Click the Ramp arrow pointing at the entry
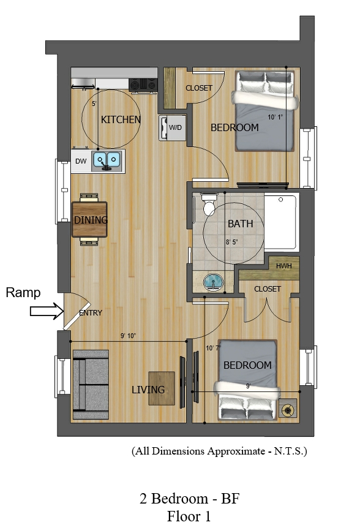coord(47,311)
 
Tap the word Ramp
coord(23,293)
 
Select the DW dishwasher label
coord(81,161)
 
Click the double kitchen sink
coord(107,161)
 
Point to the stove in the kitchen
coord(143,85)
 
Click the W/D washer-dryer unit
coord(173,127)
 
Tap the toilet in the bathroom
coord(209,204)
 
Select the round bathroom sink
coord(213,282)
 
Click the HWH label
coord(283,266)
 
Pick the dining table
coord(89,219)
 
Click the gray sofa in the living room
coord(91,384)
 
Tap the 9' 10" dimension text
coord(128,336)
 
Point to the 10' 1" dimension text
coord(275,117)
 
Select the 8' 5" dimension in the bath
coord(231,242)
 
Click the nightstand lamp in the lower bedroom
coord(288,409)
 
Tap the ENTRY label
coord(91,313)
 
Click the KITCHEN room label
coord(121,119)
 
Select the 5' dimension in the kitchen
coord(94,104)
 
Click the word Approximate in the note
coord(236,451)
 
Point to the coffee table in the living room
coord(162,388)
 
